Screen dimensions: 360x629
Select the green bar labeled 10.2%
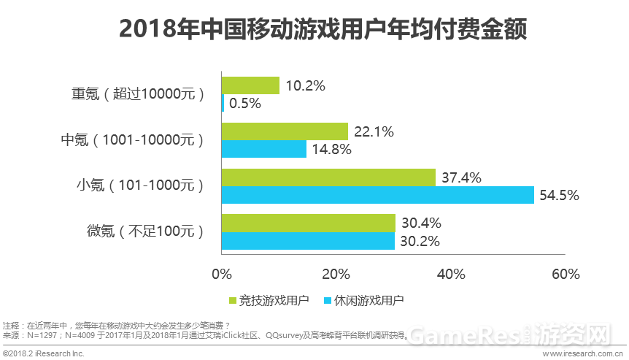tap(250, 85)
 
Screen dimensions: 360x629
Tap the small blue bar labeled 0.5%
tap(223, 104)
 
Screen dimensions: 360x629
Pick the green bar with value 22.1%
tap(285, 131)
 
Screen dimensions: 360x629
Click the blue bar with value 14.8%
tap(263, 150)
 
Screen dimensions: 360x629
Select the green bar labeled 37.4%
tap(328, 177)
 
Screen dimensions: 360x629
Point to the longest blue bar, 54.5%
tap(377, 195)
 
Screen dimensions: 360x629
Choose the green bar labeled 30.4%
tap(308, 223)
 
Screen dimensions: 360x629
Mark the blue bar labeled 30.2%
tap(307, 241)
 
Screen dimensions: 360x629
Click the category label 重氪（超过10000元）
tap(137, 94)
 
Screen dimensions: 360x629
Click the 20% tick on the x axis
tap(336, 275)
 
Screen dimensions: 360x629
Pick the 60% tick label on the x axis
tap(566, 275)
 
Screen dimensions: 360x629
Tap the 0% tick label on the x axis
tap(221, 275)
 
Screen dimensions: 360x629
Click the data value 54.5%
tap(559, 195)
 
